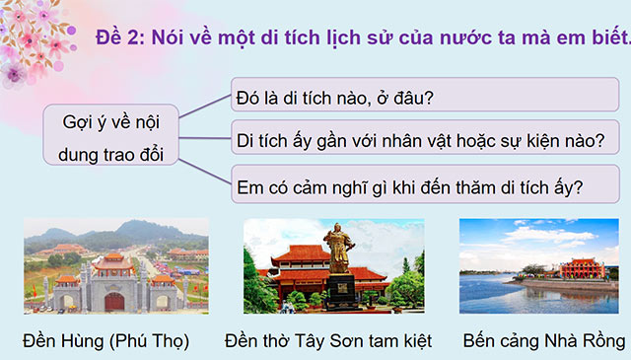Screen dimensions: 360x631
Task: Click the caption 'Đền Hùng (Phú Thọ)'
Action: [105, 341]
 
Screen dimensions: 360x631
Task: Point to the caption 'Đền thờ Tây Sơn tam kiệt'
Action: [335, 341]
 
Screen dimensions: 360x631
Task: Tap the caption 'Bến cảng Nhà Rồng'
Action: [543, 341]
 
